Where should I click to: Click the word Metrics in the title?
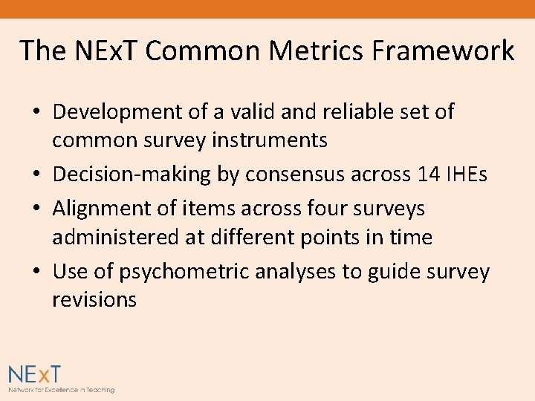[x=330, y=50]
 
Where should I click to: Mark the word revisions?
[x=94, y=299]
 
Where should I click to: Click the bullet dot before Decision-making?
[x=36, y=175]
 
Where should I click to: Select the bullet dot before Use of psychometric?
[x=36, y=273]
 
